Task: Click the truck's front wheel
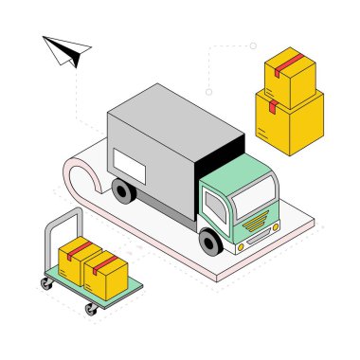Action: coord(211,243)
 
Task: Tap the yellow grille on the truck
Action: coord(257,227)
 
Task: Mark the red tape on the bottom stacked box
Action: coord(272,103)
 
